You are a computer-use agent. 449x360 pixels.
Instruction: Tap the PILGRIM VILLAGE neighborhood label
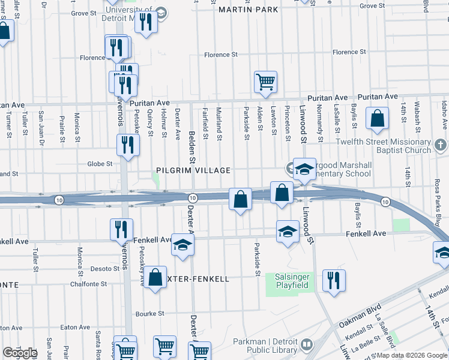193,170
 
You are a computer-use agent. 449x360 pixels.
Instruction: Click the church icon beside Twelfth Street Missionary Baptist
440,146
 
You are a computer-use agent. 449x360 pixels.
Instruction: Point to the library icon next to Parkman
307,345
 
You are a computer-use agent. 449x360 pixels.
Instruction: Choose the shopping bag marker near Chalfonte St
155,277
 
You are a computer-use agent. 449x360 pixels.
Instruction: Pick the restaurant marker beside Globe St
128,145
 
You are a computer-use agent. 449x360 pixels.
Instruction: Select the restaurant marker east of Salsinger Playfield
334,280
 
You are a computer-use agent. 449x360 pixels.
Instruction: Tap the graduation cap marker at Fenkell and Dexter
182,245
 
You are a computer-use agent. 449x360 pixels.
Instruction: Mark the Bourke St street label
150,314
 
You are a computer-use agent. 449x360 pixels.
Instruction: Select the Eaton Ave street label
76,328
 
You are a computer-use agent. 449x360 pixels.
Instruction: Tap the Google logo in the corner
20,353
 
